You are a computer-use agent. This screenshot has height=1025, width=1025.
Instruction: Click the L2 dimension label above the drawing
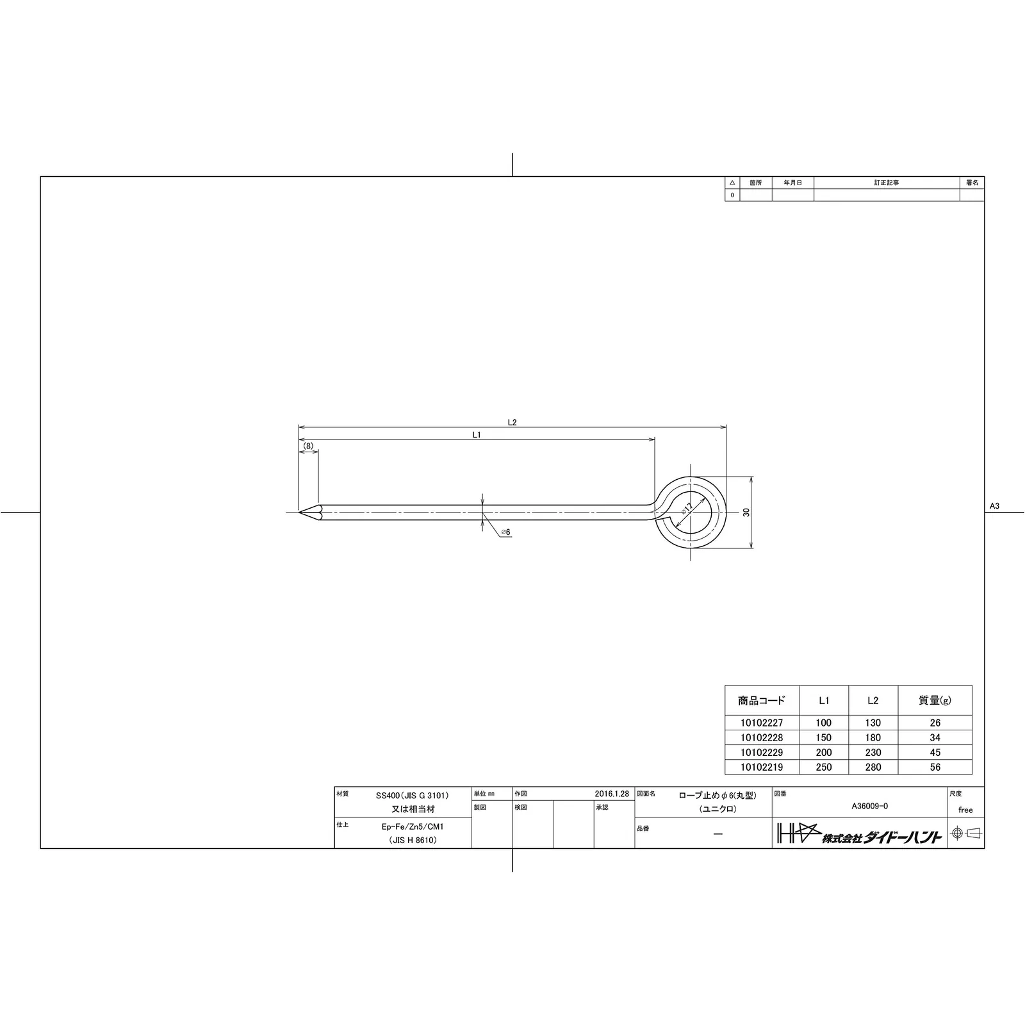point(512,422)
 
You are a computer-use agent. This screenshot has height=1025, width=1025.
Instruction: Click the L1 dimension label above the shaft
point(477,434)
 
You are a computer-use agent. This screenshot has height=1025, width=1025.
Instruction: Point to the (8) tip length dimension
point(308,446)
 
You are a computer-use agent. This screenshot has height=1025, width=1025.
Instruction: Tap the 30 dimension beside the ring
point(746,512)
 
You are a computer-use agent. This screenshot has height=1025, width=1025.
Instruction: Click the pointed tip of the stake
point(299,512)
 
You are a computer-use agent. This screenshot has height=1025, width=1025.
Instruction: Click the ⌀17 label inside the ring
point(687,509)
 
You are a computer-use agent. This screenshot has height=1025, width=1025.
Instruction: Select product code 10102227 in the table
point(761,723)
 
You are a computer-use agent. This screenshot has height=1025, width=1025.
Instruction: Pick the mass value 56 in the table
point(935,767)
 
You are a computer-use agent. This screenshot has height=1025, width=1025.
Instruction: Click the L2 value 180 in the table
point(873,737)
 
